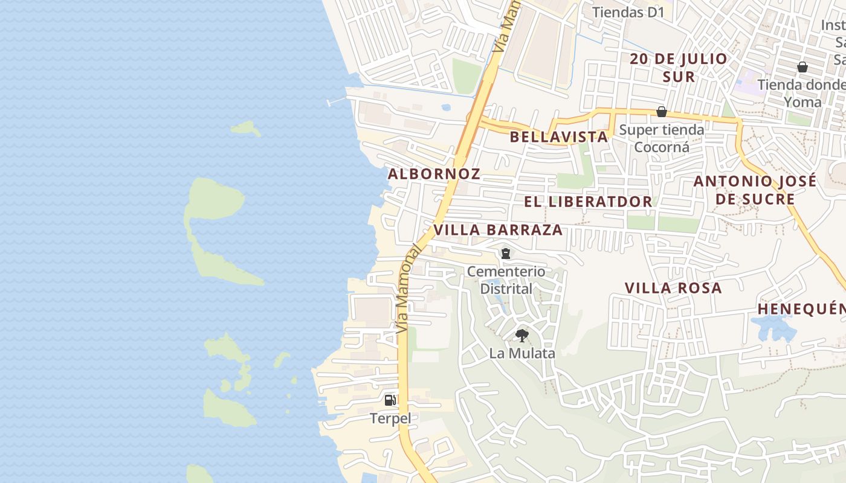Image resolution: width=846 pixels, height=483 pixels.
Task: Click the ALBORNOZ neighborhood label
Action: [x=434, y=174]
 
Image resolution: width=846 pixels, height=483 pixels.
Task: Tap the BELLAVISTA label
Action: [x=558, y=136]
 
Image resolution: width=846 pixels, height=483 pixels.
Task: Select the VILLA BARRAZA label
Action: [x=498, y=230]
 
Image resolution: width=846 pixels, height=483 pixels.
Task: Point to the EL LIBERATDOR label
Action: [x=588, y=202]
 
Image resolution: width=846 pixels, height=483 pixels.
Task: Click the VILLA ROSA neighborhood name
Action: [x=673, y=288]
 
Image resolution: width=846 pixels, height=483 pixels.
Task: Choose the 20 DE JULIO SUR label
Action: [x=679, y=68]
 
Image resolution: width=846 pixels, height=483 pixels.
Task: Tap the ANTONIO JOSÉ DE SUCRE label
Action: [x=755, y=190]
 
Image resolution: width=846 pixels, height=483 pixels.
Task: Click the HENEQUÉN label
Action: [x=801, y=309]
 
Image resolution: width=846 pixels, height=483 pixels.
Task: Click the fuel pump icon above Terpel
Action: [x=390, y=400]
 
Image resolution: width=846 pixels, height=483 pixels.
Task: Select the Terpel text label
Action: [x=390, y=418]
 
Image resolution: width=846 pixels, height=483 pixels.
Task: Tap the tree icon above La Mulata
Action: [x=522, y=335]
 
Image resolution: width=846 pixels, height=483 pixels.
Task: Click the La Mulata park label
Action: [x=522, y=353]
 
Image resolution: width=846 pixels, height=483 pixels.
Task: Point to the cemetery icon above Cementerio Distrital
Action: [x=506, y=254]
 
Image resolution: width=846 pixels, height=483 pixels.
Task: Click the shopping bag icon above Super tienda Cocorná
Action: [x=662, y=112]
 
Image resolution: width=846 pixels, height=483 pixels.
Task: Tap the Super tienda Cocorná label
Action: [x=662, y=138]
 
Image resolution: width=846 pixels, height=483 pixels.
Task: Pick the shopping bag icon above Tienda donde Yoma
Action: [x=802, y=67]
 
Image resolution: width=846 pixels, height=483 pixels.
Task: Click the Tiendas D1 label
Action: [x=628, y=12]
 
